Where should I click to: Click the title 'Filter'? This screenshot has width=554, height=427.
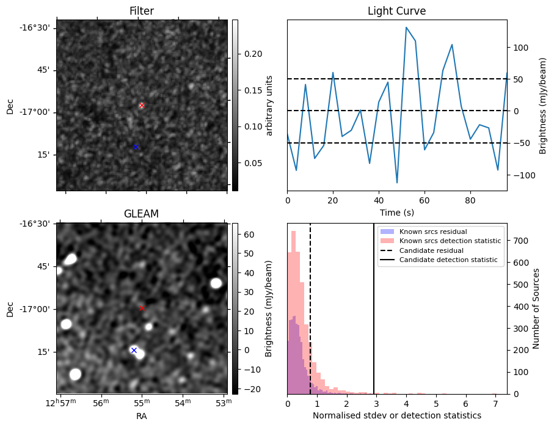(142, 11)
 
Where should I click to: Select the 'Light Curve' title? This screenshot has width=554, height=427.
(396, 11)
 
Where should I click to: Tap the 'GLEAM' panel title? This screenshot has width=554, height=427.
(141, 214)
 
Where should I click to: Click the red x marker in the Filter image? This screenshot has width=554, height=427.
(142, 106)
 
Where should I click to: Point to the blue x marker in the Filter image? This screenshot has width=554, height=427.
(136, 147)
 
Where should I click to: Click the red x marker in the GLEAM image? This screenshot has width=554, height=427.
(142, 308)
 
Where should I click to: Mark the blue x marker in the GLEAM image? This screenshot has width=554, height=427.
(134, 350)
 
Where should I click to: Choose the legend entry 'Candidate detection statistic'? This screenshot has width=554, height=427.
(448, 260)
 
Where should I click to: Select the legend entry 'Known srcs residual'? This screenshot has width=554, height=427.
(432, 232)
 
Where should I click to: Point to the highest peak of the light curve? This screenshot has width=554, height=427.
(406, 27)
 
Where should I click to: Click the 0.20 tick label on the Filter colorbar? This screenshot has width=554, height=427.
(254, 54)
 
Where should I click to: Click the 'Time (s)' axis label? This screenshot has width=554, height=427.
(396, 213)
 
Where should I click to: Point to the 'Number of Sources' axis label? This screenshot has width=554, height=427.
(536, 308)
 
